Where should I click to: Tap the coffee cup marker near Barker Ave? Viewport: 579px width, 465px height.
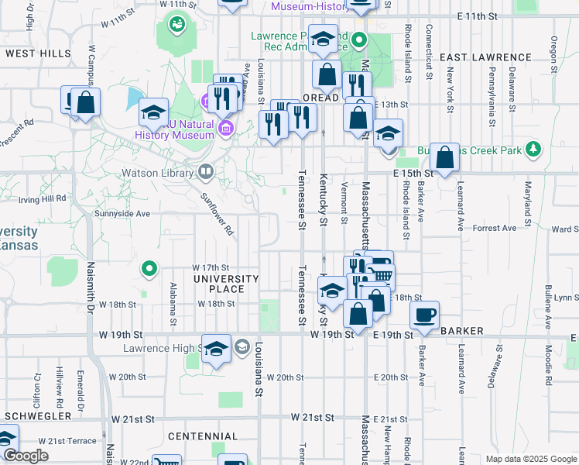coord(423,315)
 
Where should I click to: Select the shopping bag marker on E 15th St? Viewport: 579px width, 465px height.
coord(445,158)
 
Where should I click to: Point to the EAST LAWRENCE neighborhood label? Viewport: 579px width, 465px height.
coord(485,57)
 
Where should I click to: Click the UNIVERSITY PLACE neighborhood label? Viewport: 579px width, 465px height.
coord(226,284)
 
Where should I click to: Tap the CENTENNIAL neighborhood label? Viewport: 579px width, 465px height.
coord(203,436)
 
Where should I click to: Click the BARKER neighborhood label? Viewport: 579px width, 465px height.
coord(462,331)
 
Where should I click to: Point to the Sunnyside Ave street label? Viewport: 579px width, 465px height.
coord(122,213)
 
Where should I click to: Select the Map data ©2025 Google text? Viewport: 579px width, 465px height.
coord(530,459)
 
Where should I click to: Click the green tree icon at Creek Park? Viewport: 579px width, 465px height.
coord(533,148)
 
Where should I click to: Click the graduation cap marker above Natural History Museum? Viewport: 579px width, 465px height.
coord(154,113)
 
